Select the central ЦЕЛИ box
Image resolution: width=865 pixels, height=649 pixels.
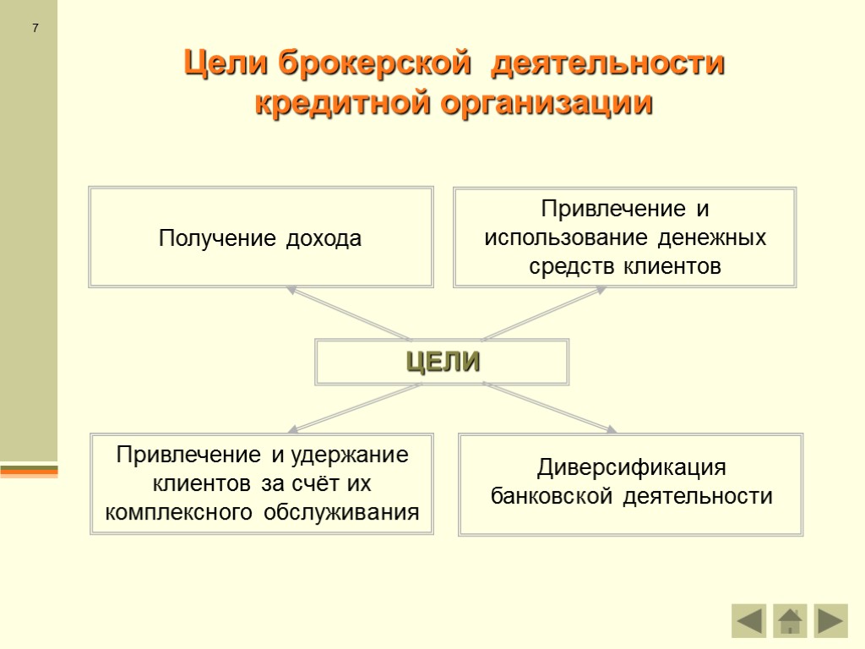point(443,362)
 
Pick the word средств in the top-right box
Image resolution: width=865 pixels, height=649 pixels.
point(573,267)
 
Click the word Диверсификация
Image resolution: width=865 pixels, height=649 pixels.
point(632,467)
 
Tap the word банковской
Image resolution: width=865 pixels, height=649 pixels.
point(552,496)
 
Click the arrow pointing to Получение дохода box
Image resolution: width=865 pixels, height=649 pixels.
point(346,313)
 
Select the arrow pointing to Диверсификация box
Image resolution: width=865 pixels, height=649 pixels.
point(549,407)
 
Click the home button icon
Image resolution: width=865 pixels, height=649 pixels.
point(790,621)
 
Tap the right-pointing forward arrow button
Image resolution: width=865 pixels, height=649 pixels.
point(831,621)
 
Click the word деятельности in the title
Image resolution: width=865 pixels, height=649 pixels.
point(609,64)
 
